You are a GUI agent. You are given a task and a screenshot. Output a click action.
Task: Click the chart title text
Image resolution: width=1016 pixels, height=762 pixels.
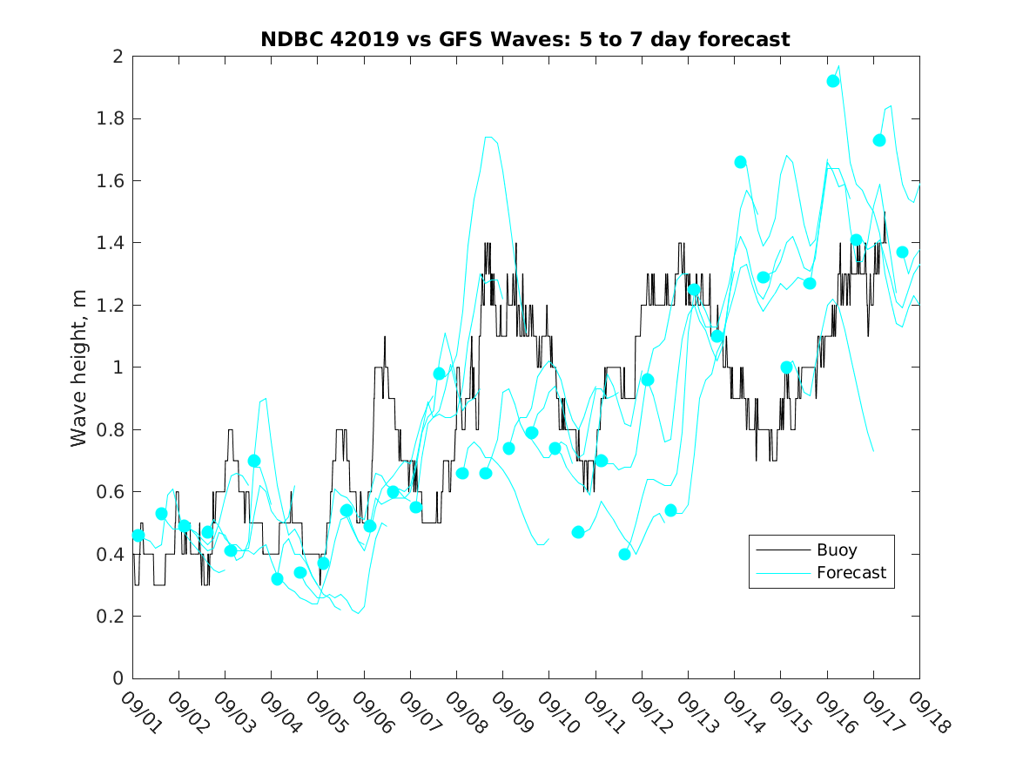(x=525, y=39)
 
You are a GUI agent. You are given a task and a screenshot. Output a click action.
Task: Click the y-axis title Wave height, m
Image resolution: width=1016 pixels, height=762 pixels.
(x=79, y=368)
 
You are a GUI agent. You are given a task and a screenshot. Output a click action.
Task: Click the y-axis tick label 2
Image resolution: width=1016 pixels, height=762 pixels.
(x=117, y=57)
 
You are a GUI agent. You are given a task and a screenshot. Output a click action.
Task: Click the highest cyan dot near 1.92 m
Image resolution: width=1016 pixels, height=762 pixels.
(x=833, y=81)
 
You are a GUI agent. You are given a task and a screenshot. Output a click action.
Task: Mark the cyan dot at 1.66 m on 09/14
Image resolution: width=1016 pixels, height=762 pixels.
(x=741, y=162)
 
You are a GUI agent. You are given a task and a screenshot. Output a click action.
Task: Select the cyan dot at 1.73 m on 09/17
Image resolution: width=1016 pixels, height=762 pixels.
(x=879, y=140)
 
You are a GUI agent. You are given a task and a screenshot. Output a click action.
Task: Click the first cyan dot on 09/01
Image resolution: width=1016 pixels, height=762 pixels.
(x=138, y=535)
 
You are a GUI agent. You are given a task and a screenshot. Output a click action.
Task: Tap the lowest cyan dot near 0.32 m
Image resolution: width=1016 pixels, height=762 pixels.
(x=277, y=579)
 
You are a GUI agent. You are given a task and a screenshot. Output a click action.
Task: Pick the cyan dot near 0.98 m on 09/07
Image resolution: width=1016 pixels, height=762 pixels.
(x=439, y=374)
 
